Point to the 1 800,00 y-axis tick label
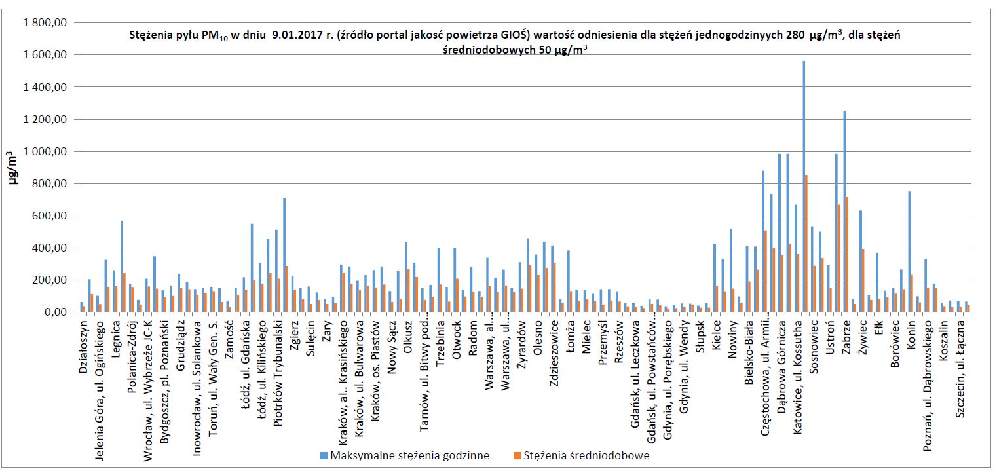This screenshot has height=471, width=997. (x=46, y=23)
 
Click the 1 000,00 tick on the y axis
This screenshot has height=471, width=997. (x=46, y=151)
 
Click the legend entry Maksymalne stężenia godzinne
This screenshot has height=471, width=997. (x=405, y=455)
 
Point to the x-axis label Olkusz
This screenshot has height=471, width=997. (x=407, y=338)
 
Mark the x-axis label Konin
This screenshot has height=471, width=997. (x=911, y=335)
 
